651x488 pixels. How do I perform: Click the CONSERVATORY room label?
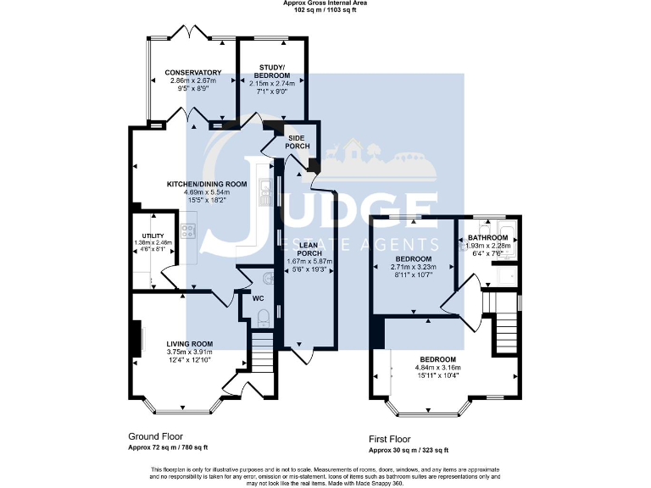coord(193,73)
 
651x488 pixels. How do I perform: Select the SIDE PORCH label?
coord(298,141)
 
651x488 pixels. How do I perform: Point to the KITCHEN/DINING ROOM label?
coord(206,184)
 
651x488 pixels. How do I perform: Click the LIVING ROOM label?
coord(189,343)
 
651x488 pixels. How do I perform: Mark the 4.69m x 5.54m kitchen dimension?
coord(206,192)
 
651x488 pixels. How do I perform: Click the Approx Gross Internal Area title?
coord(325,3)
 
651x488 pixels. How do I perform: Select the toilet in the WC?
coord(263,318)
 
